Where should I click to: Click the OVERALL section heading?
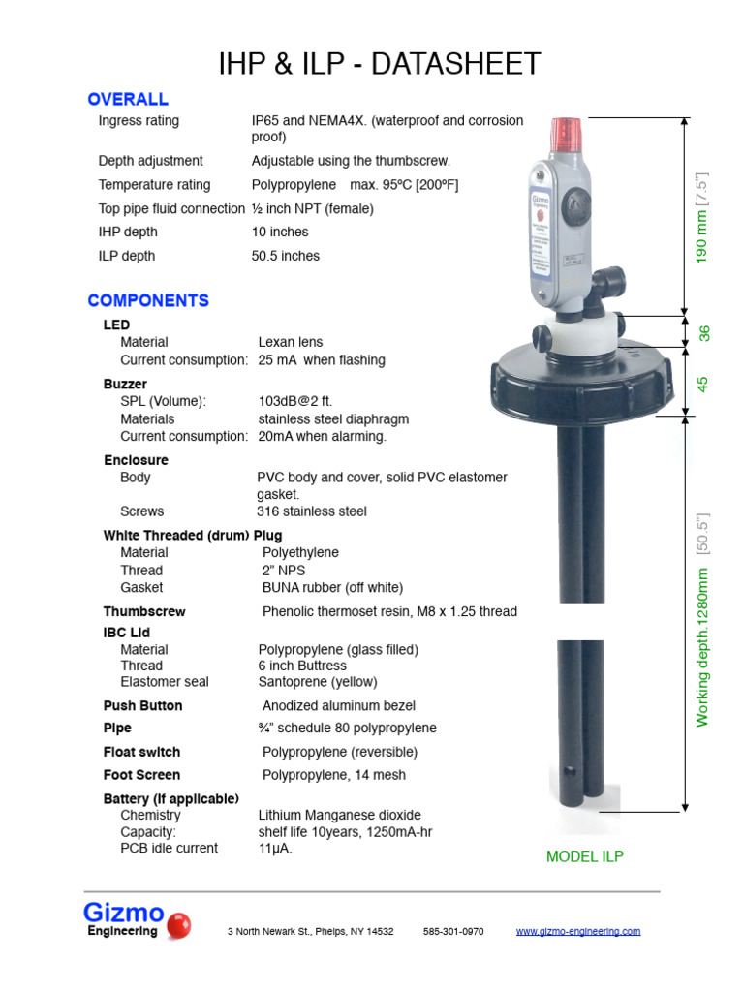[128, 99]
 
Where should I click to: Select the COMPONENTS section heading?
[148, 300]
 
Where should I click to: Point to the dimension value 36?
[705, 333]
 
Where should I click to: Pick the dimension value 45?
[703, 384]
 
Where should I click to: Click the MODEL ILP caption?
[585, 856]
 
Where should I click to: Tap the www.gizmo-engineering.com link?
[577, 931]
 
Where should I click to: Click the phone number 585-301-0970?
[453, 931]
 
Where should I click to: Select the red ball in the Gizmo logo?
[178, 926]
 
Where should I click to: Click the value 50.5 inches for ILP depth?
[286, 256]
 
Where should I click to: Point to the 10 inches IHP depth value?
[280, 232]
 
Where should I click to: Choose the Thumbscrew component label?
[144, 611]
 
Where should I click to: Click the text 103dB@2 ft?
[295, 401]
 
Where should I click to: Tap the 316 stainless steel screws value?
[312, 511]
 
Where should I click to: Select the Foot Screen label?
[141, 775]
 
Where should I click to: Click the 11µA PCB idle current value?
[274, 849]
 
